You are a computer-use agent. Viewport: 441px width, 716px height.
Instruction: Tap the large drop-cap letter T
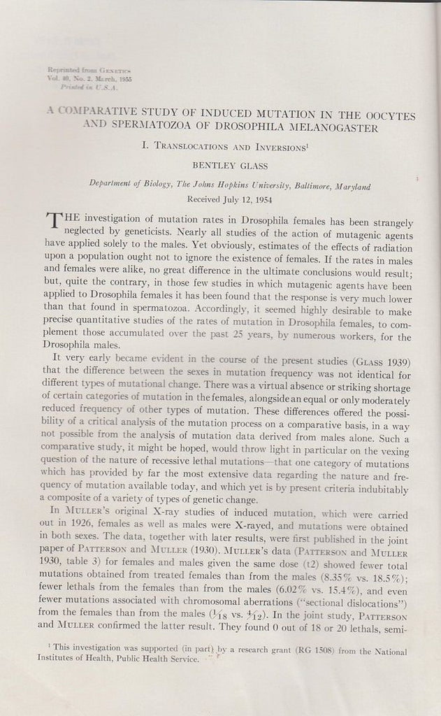(x=34, y=227)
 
